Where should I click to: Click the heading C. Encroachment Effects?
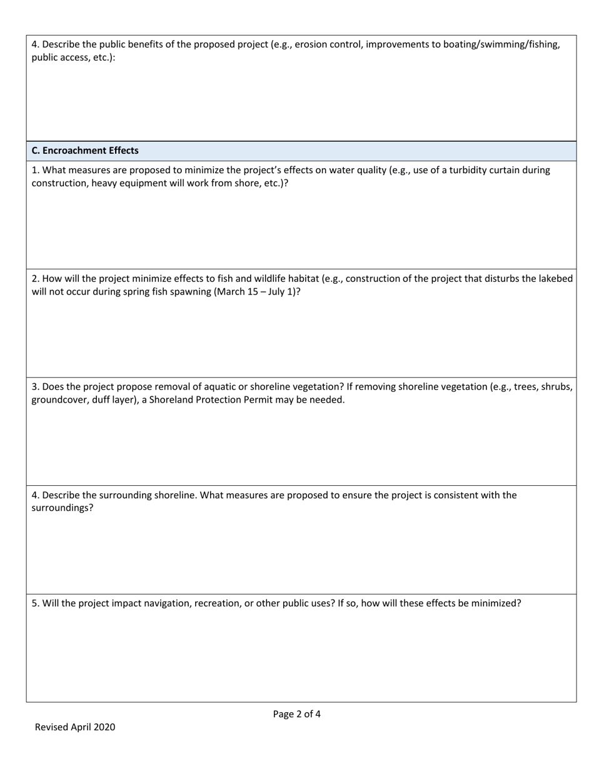[85, 151]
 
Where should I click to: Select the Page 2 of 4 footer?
[297, 714]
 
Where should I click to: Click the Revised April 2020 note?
[75, 727]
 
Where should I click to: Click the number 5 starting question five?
[34, 604]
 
